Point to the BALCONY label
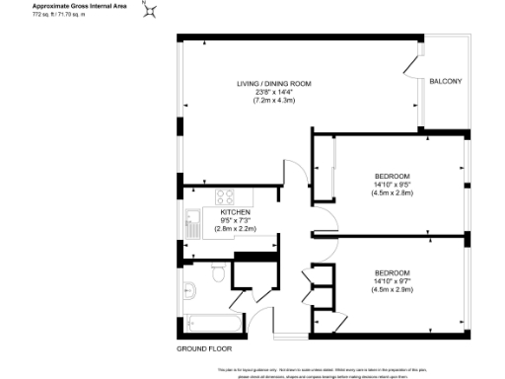point(446,81)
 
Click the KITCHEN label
point(235,211)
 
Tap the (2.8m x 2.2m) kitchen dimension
point(235,229)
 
